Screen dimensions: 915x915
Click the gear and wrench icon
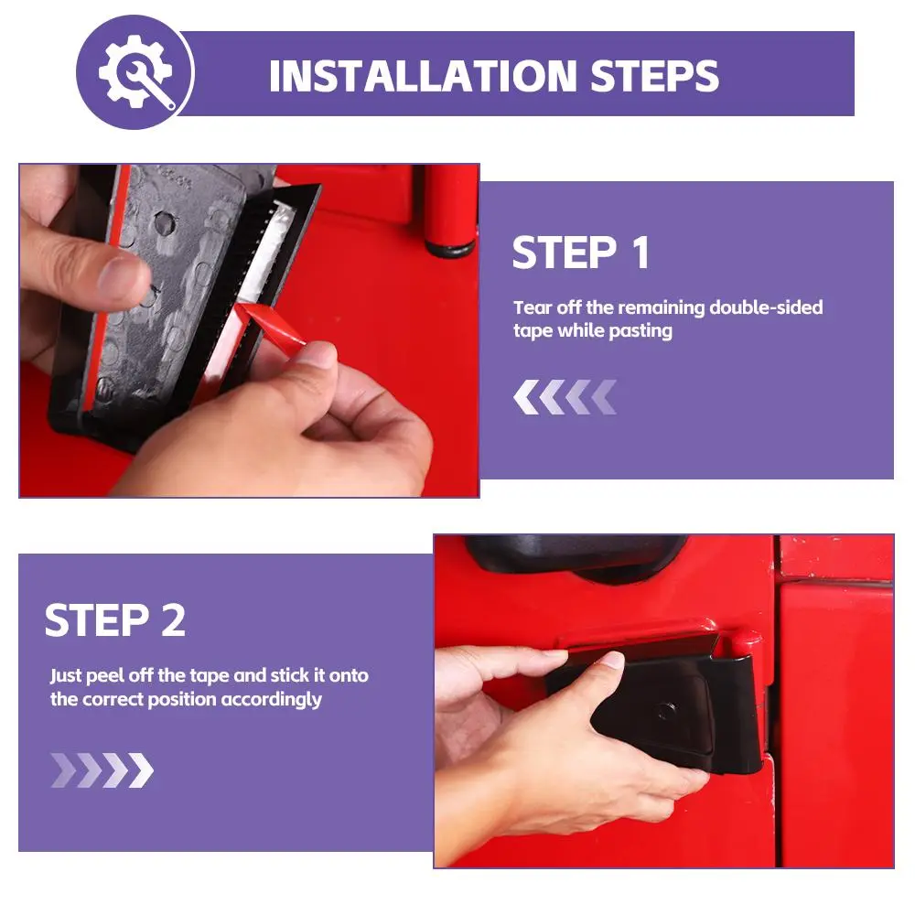click(x=135, y=72)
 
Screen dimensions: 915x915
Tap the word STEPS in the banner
click(x=654, y=76)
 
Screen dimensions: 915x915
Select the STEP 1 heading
click(x=581, y=253)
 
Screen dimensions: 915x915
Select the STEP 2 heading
click(x=115, y=619)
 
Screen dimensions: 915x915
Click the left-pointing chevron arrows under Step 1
click(x=565, y=397)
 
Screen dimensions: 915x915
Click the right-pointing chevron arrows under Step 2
click(x=102, y=770)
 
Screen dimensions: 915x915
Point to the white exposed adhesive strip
click(x=266, y=251)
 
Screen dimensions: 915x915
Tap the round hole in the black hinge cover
click(x=665, y=711)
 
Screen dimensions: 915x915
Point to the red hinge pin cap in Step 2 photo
click(x=745, y=642)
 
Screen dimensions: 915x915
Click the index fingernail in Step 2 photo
click(x=612, y=660)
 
